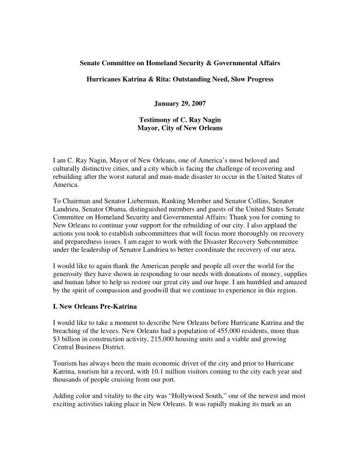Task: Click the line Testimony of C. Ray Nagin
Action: [179, 119]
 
